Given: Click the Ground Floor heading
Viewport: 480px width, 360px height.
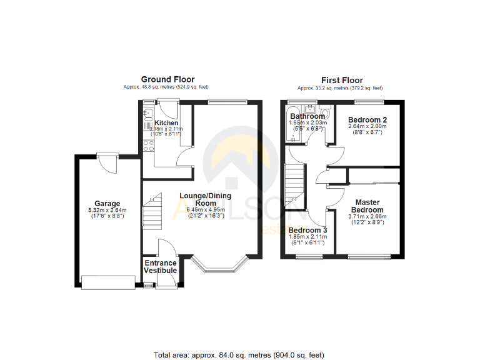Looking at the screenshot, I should point(167,79).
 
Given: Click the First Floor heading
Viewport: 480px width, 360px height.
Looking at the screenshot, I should point(342,80).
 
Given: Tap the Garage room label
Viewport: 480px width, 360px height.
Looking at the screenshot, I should point(107,204).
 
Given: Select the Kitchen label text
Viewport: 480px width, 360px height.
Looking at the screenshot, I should point(167,123).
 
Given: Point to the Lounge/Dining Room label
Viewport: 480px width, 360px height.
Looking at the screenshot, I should point(205,199).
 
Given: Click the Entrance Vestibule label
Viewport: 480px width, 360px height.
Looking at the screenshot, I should point(160,267).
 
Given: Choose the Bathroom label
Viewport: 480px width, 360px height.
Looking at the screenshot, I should point(307,116).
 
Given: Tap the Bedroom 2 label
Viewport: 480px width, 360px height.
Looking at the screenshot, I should point(367,119).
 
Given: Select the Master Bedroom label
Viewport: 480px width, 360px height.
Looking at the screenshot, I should point(369,206).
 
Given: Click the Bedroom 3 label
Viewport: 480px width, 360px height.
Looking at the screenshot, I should point(307,230).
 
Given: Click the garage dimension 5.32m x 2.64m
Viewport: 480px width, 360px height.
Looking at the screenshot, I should point(107,211).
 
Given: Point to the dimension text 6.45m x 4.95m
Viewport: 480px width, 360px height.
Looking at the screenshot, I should point(205,210).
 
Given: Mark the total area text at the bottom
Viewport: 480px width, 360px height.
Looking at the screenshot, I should point(239,355).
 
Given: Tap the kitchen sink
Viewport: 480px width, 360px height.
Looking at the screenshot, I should point(147,112).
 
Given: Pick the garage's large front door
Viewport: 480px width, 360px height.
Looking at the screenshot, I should point(107,283).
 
